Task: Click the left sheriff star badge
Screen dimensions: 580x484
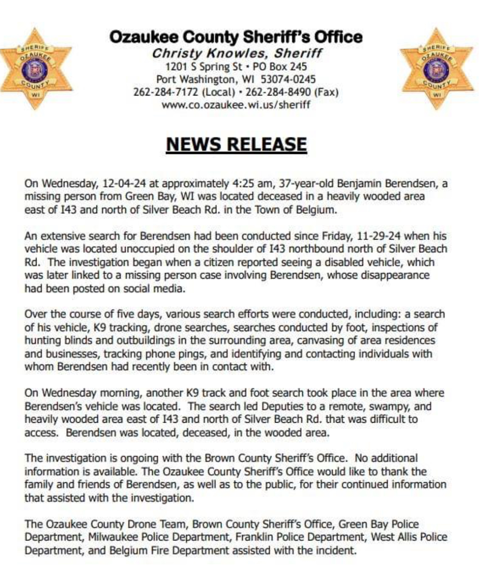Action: point(36,69)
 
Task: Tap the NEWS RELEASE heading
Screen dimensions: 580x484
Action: point(236,144)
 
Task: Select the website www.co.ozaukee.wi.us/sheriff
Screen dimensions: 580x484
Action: point(236,104)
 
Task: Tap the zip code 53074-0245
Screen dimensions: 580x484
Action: point(288,80)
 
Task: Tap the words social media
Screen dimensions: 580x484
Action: point(159,288)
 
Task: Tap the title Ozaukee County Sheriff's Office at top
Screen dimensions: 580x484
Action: point(236,37)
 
